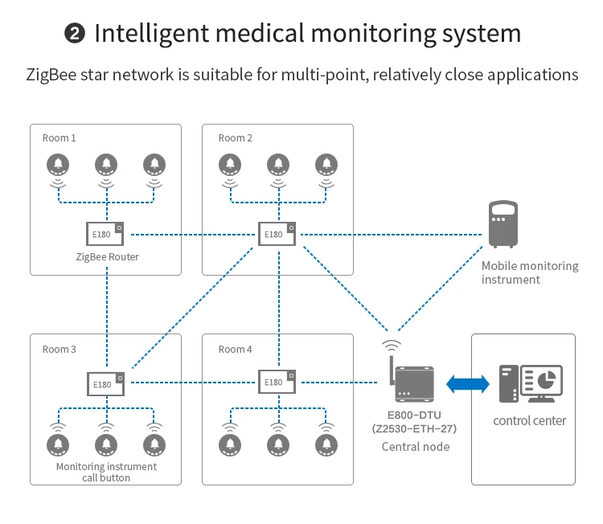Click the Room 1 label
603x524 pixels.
(x=59, y=137)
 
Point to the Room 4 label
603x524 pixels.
(x=236, y=349)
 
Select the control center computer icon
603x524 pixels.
(x=531, y=384)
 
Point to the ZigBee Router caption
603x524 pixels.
(x=107, y=257)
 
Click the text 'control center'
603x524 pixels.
(x=530, y=420)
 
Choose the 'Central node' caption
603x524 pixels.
(x=416, y=447)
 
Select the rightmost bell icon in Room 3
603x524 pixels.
(x=154, y=444)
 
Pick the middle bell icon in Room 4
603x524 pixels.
(x=278, y=444)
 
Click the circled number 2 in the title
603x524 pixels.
(x=74, y=34)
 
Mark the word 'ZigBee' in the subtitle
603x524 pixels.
(x=50, y=76)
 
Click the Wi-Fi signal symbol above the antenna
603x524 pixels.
(x=392, y=346)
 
